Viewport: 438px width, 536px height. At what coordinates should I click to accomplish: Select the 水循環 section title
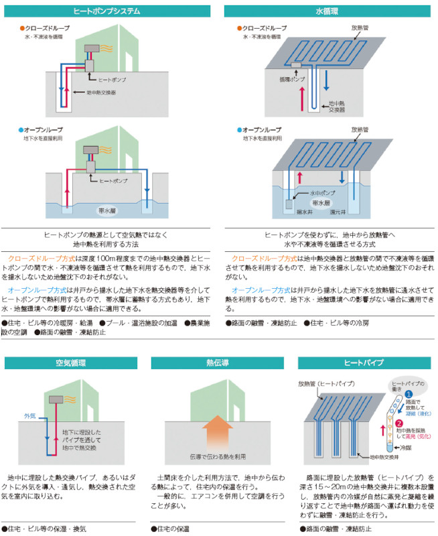click(327, 11)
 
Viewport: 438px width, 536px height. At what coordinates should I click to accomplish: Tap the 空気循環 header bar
click(70, 362)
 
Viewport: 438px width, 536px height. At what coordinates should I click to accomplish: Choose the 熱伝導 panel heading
click(218, 362)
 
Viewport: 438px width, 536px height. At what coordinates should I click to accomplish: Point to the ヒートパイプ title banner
click(364, 362)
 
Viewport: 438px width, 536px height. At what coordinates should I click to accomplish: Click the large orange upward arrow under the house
click(218, 433)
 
